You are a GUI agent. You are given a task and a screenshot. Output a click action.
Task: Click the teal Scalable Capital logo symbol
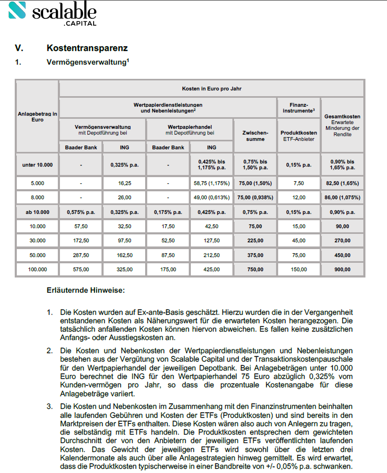(17, 11)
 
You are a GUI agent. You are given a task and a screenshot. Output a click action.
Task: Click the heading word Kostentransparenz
(87, 48)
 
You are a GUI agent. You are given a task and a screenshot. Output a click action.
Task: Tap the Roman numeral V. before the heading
(19, 48)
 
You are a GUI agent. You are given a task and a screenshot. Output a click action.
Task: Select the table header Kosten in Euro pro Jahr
(211, 88)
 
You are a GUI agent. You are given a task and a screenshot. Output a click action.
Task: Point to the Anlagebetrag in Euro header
(37, 116)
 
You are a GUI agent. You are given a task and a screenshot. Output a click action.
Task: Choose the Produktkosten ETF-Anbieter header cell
(298, 136)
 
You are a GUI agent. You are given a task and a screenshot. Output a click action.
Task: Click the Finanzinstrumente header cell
(298, 108)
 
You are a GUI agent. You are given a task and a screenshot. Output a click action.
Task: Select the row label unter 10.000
(37, 164)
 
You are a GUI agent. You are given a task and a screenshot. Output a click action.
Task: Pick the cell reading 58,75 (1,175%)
(211, 184)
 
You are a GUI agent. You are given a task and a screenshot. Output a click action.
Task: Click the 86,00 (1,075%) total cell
(342, 198)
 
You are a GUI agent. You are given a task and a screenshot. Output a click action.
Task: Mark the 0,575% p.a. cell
(81, 212)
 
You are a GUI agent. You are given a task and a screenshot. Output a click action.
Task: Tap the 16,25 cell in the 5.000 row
(125, 184)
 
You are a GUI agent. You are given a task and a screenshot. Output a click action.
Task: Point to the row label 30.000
(37, 240)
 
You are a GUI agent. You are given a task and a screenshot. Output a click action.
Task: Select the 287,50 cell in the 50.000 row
(81, 255)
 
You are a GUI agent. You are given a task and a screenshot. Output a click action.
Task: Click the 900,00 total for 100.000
(342, 269)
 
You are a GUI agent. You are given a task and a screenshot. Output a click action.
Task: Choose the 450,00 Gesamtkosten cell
(342, 255)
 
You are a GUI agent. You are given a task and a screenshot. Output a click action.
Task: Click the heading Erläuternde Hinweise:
(85, 290)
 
